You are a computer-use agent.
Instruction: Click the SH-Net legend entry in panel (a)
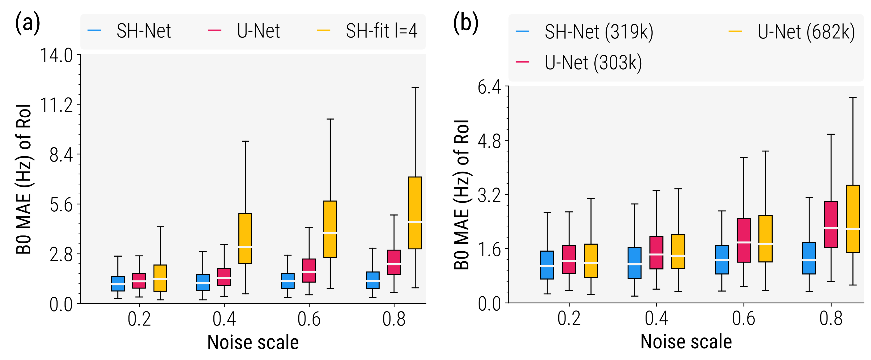[x=143, y=31]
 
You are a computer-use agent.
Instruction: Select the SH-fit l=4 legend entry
[x=381, y=31]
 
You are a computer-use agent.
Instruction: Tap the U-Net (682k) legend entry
[x=806, y=32]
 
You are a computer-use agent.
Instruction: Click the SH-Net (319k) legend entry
[x=599, y=32]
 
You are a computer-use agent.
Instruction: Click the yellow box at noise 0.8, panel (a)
[x=415, y=213]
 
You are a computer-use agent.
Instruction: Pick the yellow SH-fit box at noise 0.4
[x=245, y=238]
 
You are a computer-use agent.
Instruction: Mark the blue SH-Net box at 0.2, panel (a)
[x=118, y=283]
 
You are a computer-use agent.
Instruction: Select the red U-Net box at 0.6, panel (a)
[x=309, y=270]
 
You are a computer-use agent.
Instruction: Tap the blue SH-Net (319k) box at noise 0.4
[x=635, y=263]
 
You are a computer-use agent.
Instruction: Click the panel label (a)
[x=27, y=23]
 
